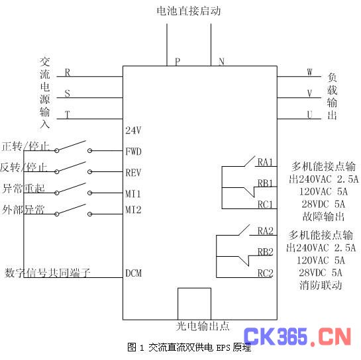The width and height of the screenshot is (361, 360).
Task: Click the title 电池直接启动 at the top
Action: click(189, 11)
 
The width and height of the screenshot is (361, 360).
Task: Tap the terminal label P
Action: click(178, 62)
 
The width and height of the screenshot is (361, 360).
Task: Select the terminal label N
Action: click(221, 62)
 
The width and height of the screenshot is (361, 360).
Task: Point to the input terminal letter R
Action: click(67, 72)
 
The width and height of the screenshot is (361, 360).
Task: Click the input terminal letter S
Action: click(67, 93)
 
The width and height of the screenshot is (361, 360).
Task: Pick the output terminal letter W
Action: click(309, 72)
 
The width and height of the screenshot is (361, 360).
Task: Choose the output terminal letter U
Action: click(309, 114)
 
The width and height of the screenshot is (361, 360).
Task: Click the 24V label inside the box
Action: click(133, 130)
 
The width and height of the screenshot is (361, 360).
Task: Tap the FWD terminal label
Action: click(133, 152)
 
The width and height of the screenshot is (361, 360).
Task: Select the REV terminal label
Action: click(133, 173)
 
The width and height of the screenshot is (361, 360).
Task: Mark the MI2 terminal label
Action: click(133, 210)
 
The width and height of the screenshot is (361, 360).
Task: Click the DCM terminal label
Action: click(133, 273)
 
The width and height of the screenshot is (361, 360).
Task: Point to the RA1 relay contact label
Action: click(265, 162)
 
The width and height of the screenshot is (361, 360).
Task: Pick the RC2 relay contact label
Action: click(265, 273)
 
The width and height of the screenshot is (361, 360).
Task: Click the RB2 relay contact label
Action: click(265, 252)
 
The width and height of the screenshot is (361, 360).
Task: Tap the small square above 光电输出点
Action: click(194, 288)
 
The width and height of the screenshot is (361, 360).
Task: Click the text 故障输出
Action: click(323, 216)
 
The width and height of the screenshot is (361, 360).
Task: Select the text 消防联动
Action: click(321, 285)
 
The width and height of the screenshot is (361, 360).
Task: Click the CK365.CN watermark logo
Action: click(297, 337)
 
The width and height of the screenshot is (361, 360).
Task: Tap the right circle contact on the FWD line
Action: click(90, 151)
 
